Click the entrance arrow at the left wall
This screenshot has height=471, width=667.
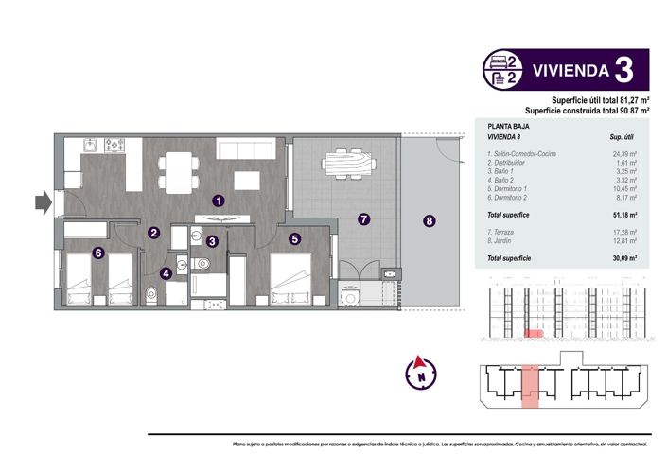[x=42, y=201]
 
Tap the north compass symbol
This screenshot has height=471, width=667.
[x=415, y=371]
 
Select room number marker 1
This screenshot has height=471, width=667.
[x=219, y=201]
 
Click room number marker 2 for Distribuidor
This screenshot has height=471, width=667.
[x=153, y=232]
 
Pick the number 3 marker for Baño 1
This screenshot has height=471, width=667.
[x=213, y=241]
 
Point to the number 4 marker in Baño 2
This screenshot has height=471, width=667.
[x=167, y=274]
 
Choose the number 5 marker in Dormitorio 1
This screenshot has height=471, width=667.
[x=295, y=239]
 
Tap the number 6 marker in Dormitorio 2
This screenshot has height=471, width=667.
[x=97, y=253]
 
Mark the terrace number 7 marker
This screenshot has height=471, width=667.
[x=361, y=219]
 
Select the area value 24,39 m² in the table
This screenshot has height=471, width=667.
[x=623, y=153]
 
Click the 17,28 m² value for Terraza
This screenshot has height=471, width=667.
[x=623, y=232]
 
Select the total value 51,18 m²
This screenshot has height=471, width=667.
[x=623, y=215]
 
